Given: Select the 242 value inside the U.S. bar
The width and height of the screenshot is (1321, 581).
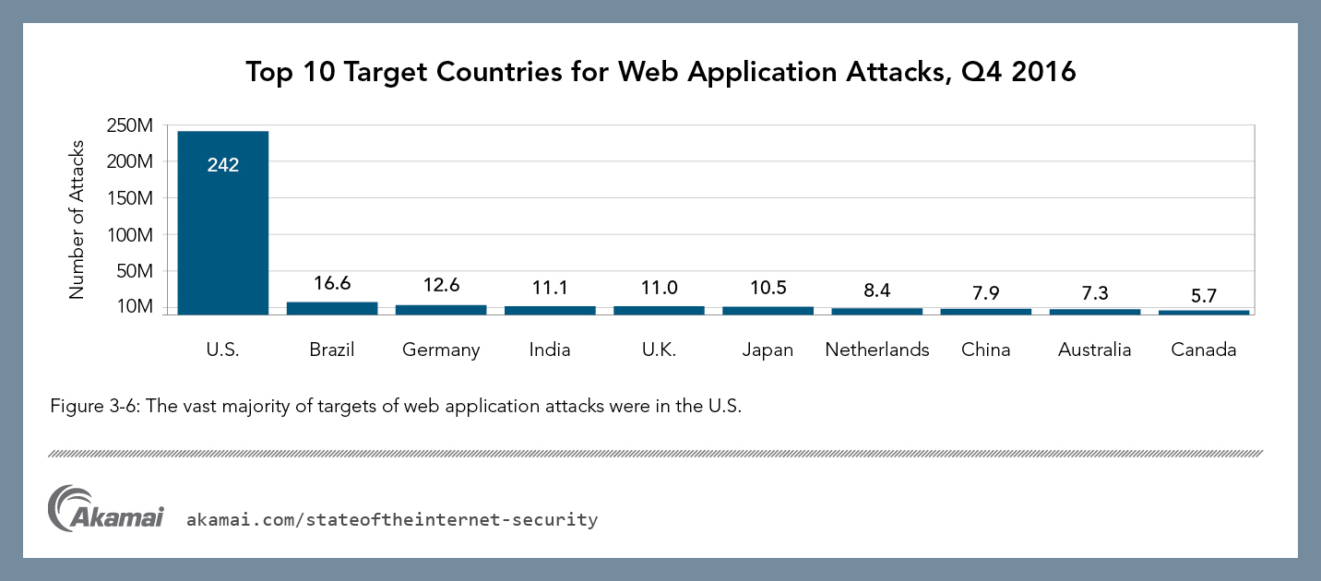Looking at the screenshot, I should (x=223, y=166).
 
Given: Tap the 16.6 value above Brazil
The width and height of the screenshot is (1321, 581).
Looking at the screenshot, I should (x=332, y=284).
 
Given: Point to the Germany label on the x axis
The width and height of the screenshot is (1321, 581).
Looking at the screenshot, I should (x=441, y=350).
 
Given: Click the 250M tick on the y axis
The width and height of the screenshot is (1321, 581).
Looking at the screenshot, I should (x=129, y=125).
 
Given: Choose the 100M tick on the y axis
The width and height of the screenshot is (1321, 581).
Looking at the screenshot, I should (x=129, y=235).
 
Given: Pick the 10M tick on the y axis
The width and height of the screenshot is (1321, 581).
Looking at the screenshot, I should (x=133, y=306).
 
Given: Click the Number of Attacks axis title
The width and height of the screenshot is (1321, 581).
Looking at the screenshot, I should (x=77, y=219).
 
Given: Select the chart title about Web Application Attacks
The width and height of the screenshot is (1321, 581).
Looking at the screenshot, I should (x=660, y=72).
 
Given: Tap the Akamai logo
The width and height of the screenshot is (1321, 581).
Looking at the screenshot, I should (x=105, y=508).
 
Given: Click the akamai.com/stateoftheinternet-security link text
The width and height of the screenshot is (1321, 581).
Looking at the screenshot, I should (x=392, y=520).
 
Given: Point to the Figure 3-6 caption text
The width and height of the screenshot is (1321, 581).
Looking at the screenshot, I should (x=396, y=407).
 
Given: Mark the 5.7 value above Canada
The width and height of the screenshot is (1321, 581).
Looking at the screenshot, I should (x=1203, y=297).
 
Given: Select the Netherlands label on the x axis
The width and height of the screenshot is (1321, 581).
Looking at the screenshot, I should (x=877, y=350).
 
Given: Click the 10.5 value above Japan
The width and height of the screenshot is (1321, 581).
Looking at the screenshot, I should (x=768, y=289).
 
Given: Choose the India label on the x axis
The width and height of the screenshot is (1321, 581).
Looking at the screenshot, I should (x=550, y=350).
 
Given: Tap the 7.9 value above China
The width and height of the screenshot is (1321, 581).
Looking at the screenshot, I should (x=985, y=294).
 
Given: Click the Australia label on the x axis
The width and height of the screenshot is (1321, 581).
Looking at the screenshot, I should (x=1095, y=350).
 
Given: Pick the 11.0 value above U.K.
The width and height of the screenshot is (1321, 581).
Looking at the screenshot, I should (x=659, y=288).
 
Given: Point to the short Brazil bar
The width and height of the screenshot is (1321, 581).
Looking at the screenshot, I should (x=332, y=308).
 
